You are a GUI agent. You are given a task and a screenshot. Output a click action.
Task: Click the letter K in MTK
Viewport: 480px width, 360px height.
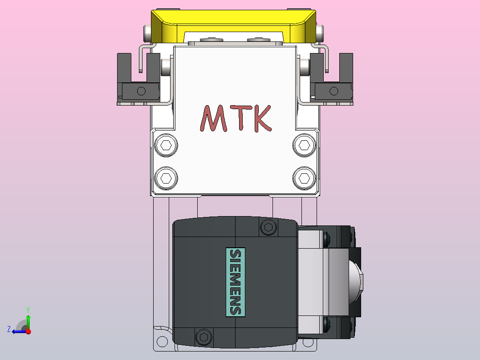(x=259, y=119)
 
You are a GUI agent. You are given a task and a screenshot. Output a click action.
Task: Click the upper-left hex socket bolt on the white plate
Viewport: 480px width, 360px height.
(x=166, y=145)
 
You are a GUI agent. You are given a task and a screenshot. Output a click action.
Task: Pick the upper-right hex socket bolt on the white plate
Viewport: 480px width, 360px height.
(x=305, y=145)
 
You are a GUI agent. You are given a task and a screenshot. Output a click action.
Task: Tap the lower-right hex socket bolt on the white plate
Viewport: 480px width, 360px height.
(x=305, y=178)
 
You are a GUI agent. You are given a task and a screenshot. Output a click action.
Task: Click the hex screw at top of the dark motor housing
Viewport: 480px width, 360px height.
(x=268, y=227)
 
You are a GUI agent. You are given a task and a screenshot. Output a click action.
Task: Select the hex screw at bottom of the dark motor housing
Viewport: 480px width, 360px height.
(x=204, y=337)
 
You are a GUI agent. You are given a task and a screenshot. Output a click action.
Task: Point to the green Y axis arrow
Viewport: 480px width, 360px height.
(x=28, y=319)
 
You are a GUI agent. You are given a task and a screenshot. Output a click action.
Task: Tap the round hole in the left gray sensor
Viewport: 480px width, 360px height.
(x=141, y=91)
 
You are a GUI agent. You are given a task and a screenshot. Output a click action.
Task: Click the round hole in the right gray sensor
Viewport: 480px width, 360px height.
(x=334, y=91)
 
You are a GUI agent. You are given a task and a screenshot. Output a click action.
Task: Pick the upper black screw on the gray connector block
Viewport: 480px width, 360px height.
(x=327, y=239)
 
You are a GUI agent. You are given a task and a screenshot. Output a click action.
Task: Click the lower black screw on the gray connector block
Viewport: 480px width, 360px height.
(x=327, y=324)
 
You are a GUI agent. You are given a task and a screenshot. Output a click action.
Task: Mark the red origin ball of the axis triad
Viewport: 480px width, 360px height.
(x=28, y=331)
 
